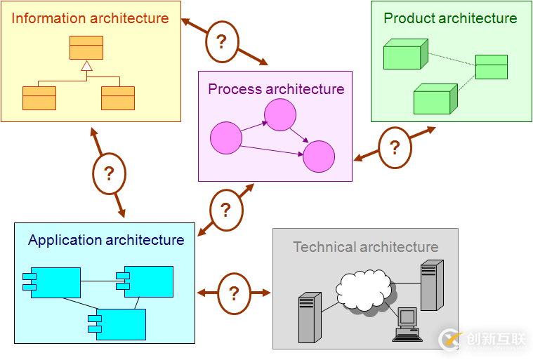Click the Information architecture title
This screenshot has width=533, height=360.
pyautogui.click(x=90, y=19)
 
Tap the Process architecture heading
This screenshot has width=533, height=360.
pyautogui.click(x=276, y=89)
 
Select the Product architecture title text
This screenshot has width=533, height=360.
pyautogui.click(x=450, y=19)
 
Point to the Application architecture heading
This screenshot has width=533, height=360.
pyautogui.click(x=106, y=240)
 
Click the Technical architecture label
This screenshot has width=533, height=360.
pyautogui.click(x=365, y=247)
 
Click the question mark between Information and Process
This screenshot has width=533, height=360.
pyautogui.click(x=222, y=41)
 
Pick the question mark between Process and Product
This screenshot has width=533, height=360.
pyautogui.click(x=395, y=148)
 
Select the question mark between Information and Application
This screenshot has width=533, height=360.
pyautogui.click(x=109, y=173)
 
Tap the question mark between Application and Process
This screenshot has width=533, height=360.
pyautogui.click(x=226, y=210)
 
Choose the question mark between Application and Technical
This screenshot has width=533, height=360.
pyautogui.click(x=234, y=293)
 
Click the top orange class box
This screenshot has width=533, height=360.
pyautogui.click(x=86, y=47)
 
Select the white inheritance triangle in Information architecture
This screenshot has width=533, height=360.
pyautogui.click(x=86, y=66)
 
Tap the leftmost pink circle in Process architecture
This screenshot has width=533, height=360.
pyautogui.click(x=225, y=138)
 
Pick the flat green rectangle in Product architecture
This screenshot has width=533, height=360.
pyautogui.click(x=491, y=67)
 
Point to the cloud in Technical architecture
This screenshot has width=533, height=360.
pyautogui.click(x=364, y=289)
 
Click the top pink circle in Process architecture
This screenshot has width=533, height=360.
pyautogui.click(x=280, y=115)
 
